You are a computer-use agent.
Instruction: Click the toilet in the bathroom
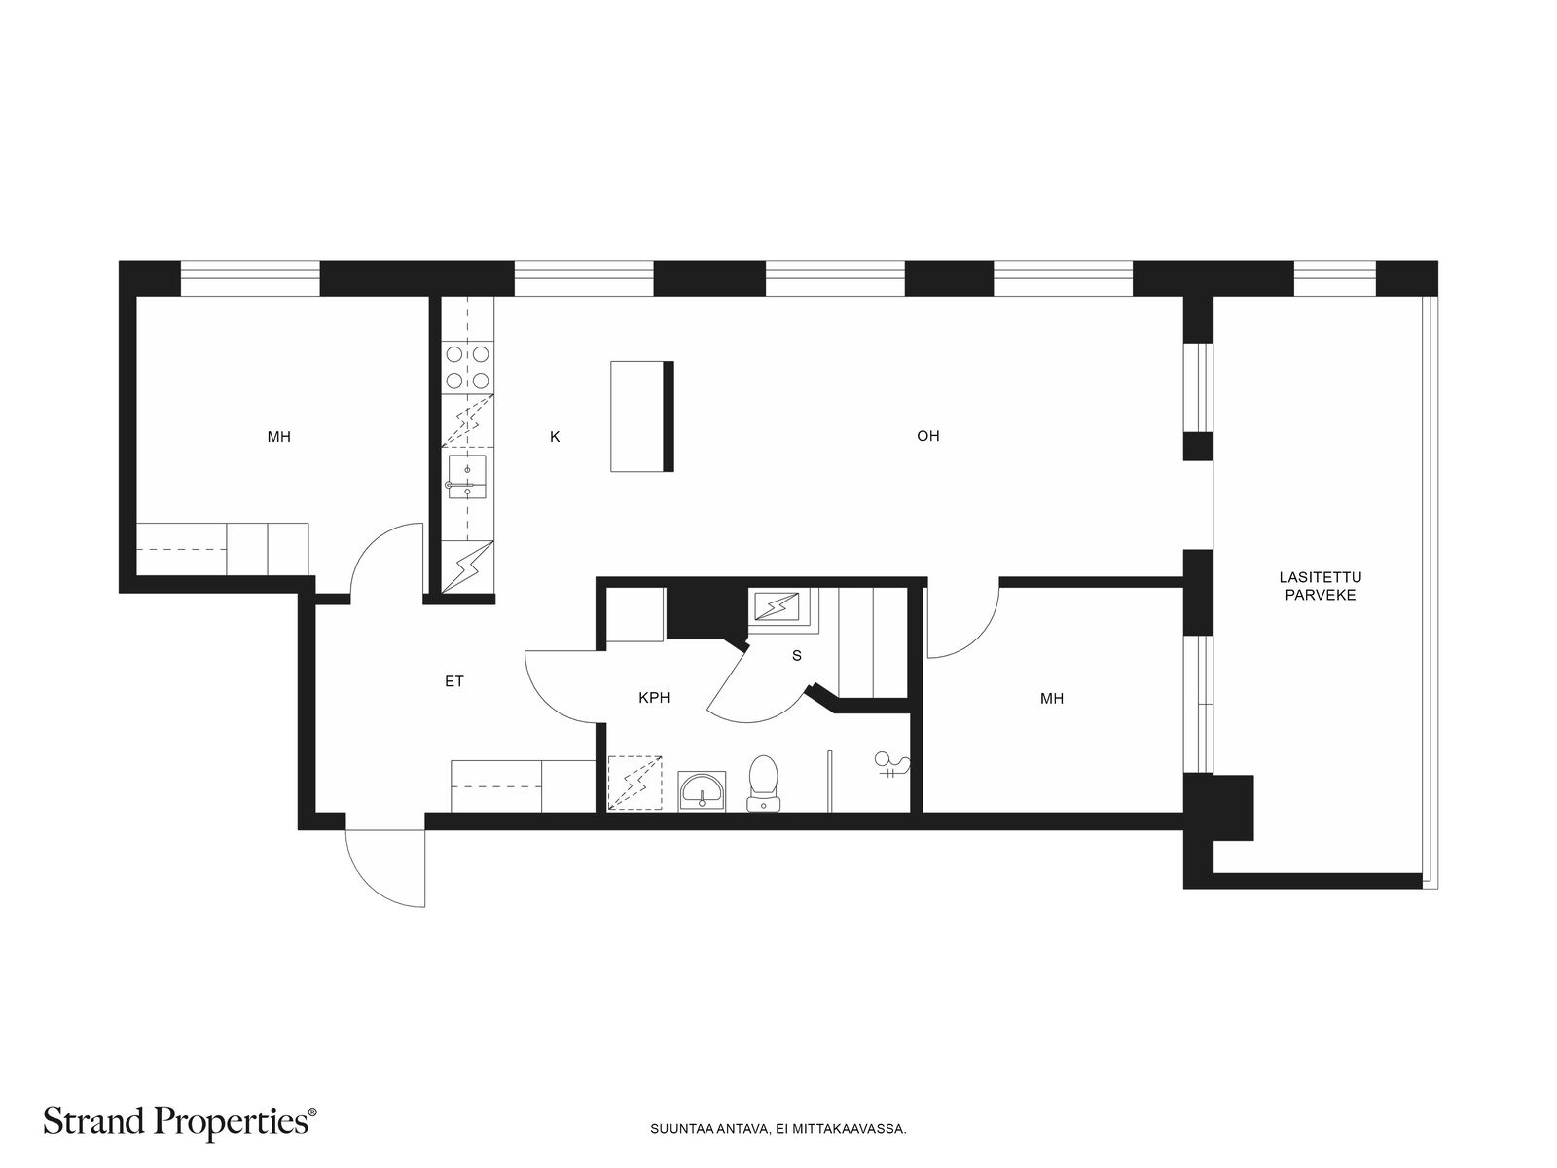763,784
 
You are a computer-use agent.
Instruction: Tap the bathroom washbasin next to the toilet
702,791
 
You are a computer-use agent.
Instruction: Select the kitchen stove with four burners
467,367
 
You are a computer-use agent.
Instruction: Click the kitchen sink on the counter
467,477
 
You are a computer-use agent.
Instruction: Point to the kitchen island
642,417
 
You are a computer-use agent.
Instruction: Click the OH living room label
927,436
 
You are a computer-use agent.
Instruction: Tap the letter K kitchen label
555,437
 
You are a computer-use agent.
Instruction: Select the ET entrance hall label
454,681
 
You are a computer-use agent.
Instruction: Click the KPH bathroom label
654,698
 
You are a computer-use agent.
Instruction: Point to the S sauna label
797,656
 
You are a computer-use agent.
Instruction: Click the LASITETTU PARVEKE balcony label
1321,587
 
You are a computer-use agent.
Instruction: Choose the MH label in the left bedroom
278,437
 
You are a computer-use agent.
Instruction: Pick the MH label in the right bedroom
1052,699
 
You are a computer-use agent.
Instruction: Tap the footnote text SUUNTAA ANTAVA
709,1129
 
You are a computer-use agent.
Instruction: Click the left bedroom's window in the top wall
250,278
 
